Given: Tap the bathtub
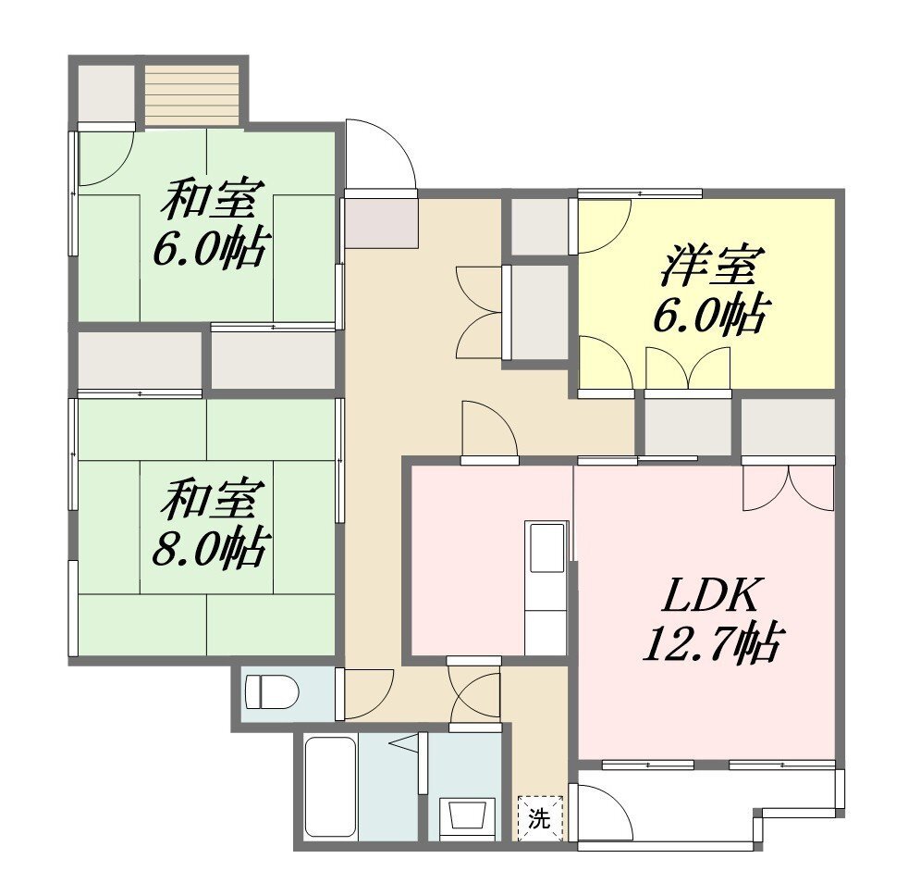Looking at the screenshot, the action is [x=330, y=787].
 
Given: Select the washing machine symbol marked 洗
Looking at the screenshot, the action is [x=540, y=818].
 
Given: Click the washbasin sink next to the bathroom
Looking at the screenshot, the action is [x=467, y=817].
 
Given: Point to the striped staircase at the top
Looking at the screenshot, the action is [x=191, y=95].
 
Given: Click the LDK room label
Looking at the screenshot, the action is [x=710, y=595].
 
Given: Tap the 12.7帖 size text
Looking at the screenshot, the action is [x=713, y=642].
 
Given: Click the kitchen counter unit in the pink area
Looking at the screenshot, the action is [x=546, y=588].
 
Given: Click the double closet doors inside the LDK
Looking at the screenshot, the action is [x=788, y=488].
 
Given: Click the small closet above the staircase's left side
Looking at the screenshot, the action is [x=106, y=93].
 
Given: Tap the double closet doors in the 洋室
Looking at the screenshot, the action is [x=688, y=367].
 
